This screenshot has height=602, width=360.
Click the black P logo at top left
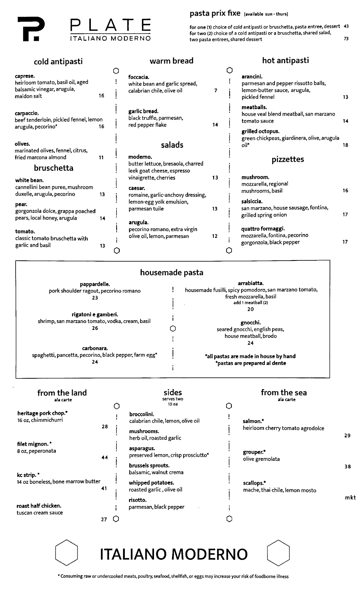click(x=31, y=29)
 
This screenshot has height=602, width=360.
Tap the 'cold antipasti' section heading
click(x=58, y=62)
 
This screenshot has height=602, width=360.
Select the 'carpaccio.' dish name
click(x=27, y=113)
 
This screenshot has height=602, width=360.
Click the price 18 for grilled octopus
click(x=345, y=145)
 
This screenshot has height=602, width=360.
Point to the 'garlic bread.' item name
click(x=143, y=111)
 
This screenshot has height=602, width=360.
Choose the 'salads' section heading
click(x=172, y=145)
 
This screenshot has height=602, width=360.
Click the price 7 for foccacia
click(x=216, y=90)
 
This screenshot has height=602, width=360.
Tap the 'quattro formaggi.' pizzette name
click(x=263, y=229)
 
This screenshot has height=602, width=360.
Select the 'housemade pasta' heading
click(x=171, y=273)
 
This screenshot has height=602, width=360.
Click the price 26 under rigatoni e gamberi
click(x=95, y=328)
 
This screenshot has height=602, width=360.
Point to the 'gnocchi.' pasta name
click(x=251, y=323)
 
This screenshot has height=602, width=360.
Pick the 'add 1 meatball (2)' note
click(x=251, y=303)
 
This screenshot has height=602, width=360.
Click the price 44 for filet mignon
click(x=105, y=458)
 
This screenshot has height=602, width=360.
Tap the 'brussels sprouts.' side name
click(x=149, y=466)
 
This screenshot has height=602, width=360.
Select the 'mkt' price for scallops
click(x=350, y=498)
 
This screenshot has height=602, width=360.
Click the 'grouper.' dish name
click(x=254, y=452)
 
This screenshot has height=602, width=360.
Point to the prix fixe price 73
click(x=346, y=39)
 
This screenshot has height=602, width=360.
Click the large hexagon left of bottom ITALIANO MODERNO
click(x=67, y=553)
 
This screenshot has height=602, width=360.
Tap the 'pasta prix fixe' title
click(x=215, y=14)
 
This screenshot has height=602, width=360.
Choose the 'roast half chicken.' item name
click(x=39, y=506)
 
